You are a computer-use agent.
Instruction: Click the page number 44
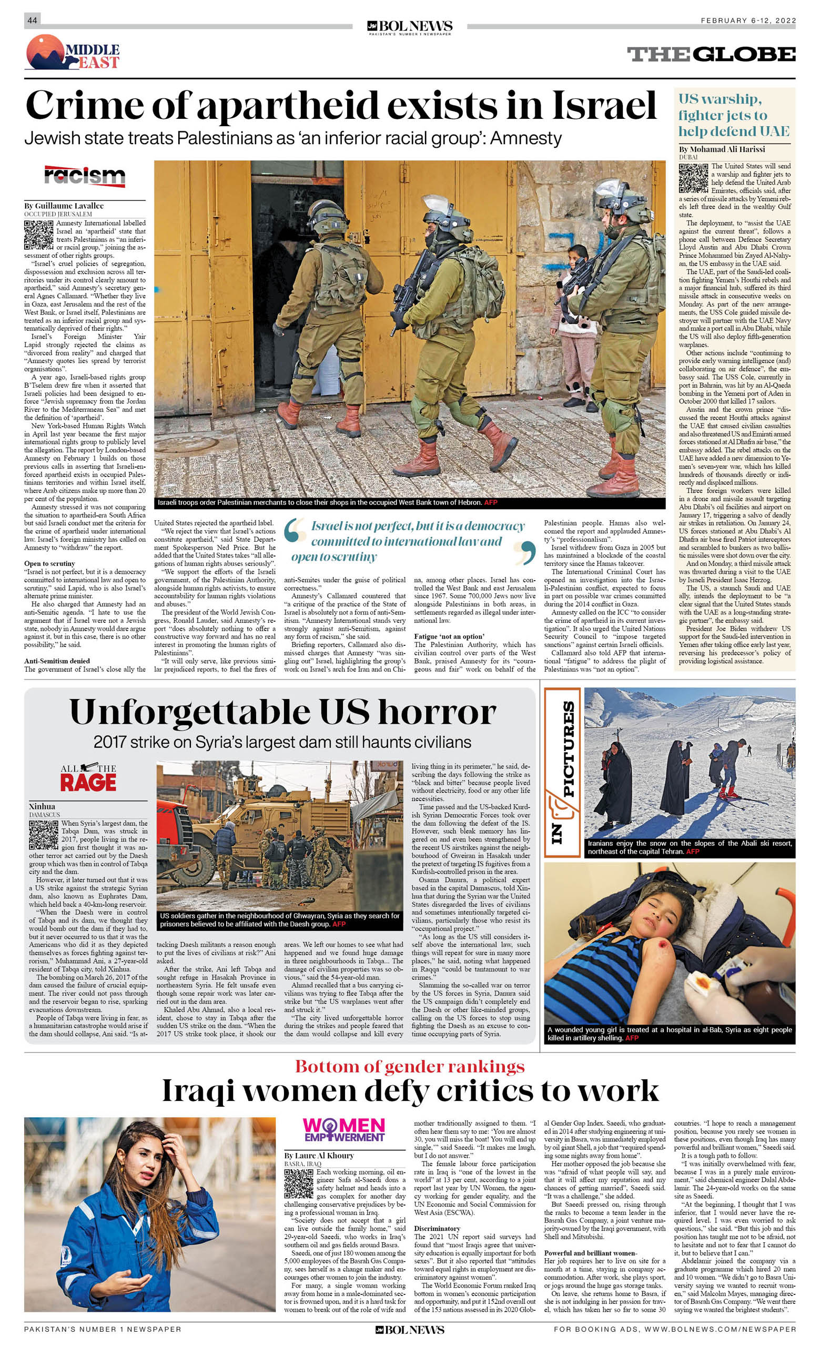32,20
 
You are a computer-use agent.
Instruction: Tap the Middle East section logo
73,53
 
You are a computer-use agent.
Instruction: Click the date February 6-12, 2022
748,21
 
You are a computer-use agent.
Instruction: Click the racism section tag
85,176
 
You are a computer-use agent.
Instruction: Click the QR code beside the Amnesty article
39,236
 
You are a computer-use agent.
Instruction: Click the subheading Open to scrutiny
50,563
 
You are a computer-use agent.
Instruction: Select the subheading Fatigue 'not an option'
449,636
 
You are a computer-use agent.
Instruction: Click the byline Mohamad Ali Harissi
722,149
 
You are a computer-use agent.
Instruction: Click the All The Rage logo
88,778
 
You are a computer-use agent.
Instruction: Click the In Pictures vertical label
563,771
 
